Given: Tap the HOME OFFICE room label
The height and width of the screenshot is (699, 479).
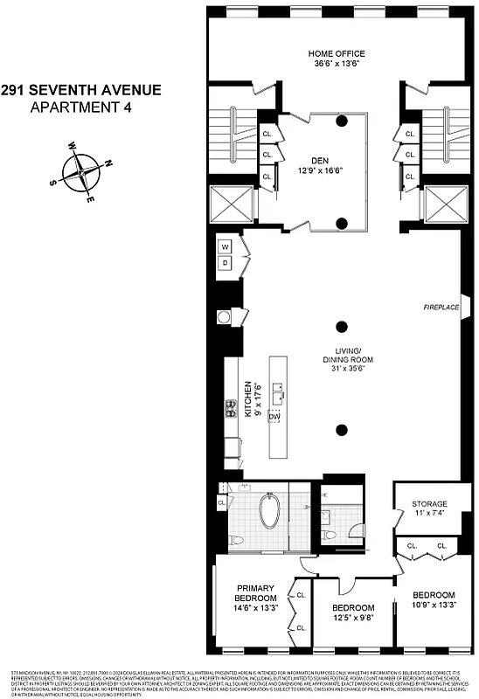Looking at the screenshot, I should pyautogui.click(x=342, y=52).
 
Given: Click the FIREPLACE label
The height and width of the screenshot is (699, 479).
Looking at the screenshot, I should pyautogui.click(x=442, y=308).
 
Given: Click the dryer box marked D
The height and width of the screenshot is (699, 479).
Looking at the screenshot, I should pyautogui.click(x=225, y=262).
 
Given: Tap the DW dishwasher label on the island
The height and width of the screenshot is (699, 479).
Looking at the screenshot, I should pyautogui.click(x=274, y=418).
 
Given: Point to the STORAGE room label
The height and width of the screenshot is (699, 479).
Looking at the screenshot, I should pyautogui.click(x=430, y=504).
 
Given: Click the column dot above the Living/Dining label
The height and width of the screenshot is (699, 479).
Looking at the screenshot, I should pyautogui.click(x=342, y=328).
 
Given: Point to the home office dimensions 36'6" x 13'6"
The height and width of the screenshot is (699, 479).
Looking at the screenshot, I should pyautogui.click(x=342, y=63).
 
